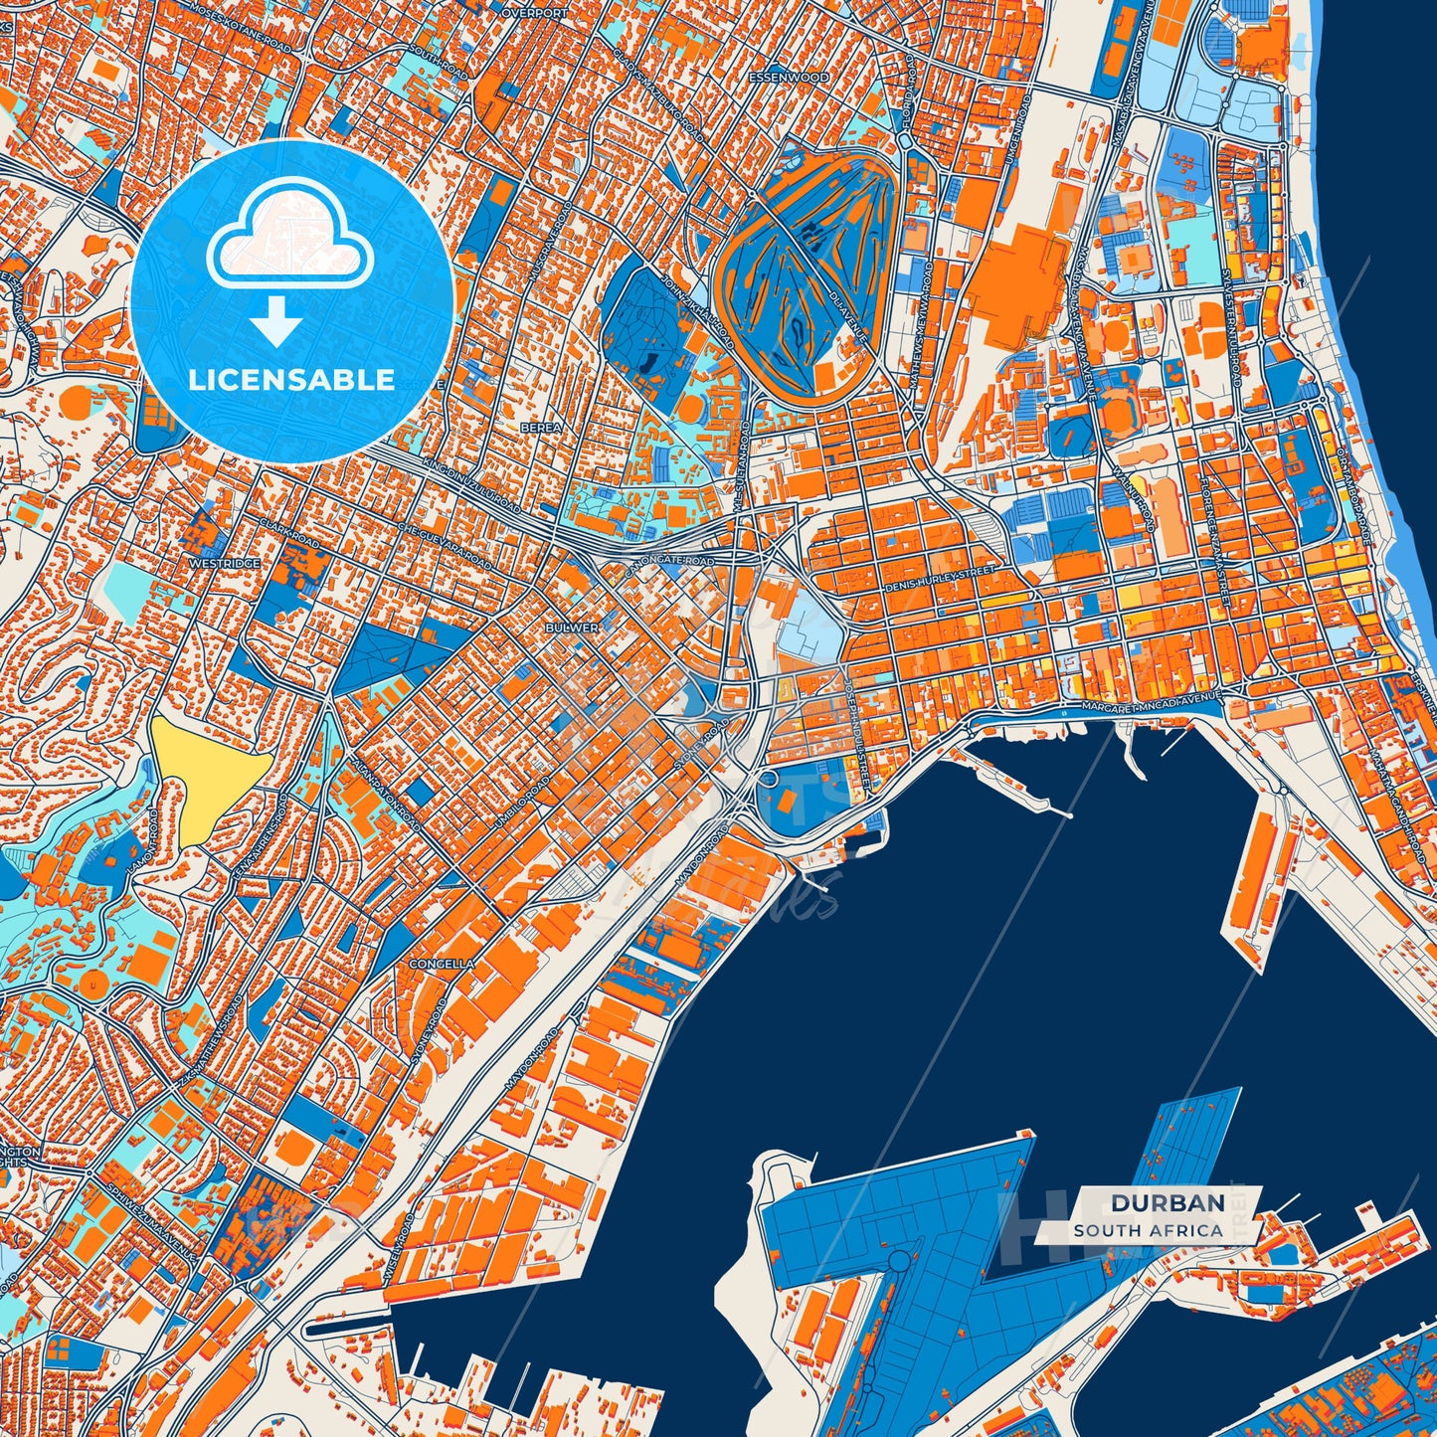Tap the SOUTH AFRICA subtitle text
pyautogui.click(x=1148, y=1230)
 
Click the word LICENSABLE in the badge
pyautogui.click(x=292, y=380)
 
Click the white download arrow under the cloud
pyautogui.click(x=276, y=324)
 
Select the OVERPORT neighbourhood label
pyautogui.click(x=534, y=14)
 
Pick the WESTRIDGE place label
pyautogui.click(x=224, y=563)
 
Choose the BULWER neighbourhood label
pyautogui.click(x=572, y=628)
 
